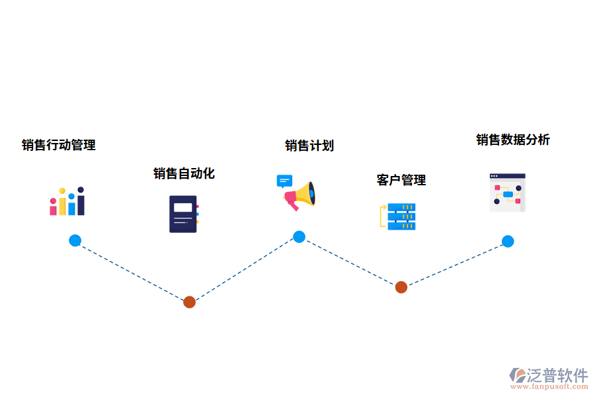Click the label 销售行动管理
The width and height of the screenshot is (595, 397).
58,145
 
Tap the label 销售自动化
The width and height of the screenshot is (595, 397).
184,173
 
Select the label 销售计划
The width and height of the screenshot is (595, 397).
309,146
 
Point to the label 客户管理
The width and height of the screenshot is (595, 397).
401,180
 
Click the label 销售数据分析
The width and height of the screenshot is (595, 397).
512,140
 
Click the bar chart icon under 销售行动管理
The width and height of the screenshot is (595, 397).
67,202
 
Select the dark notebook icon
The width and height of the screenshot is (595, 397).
184,214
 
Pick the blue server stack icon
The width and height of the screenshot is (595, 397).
401,216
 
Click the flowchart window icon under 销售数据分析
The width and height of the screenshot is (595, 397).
507,193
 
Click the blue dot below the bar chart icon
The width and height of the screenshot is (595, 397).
75,240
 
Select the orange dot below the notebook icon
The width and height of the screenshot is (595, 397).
189,302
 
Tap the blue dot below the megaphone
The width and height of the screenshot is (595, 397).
299,236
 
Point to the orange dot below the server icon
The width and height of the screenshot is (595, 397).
401,287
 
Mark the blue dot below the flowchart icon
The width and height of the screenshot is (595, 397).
507,241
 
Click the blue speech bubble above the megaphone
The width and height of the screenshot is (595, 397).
284,181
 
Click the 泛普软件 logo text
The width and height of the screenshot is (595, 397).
557,375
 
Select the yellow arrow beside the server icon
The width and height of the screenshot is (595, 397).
382,216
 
